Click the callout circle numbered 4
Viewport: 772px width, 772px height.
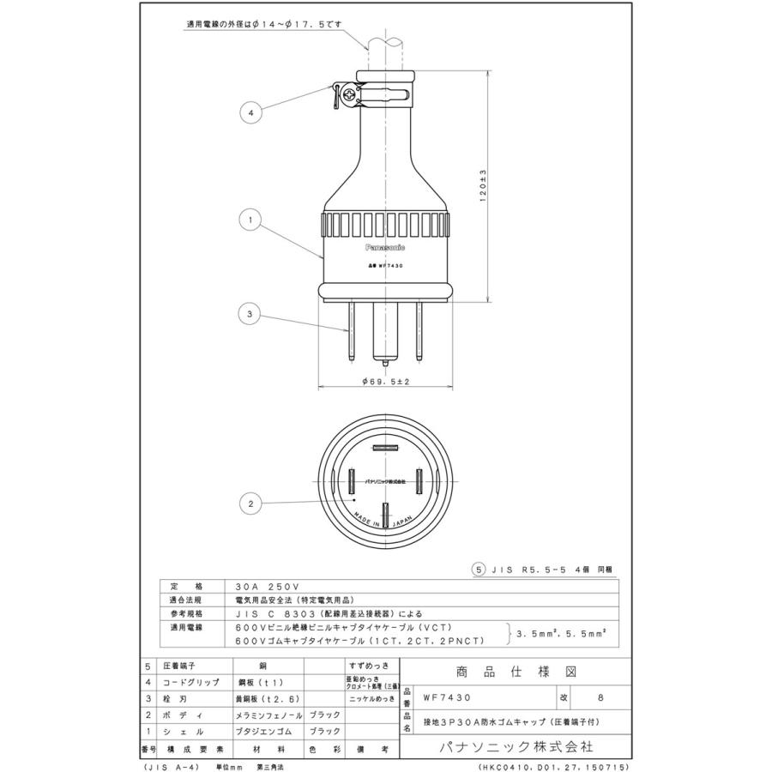click(250, 112)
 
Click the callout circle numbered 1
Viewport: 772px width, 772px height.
click(250, 220)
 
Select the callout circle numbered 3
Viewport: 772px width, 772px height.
click(250, 315)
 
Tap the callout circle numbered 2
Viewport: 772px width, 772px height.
click(250, 504)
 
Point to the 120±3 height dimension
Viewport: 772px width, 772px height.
click(483, 184)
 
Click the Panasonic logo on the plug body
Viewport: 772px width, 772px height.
click(385, 245)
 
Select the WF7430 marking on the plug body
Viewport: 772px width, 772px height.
click(384, 266)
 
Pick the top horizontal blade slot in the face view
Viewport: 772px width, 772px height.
click(385, 447)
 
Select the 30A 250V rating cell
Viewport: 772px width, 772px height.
click(262, 587)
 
